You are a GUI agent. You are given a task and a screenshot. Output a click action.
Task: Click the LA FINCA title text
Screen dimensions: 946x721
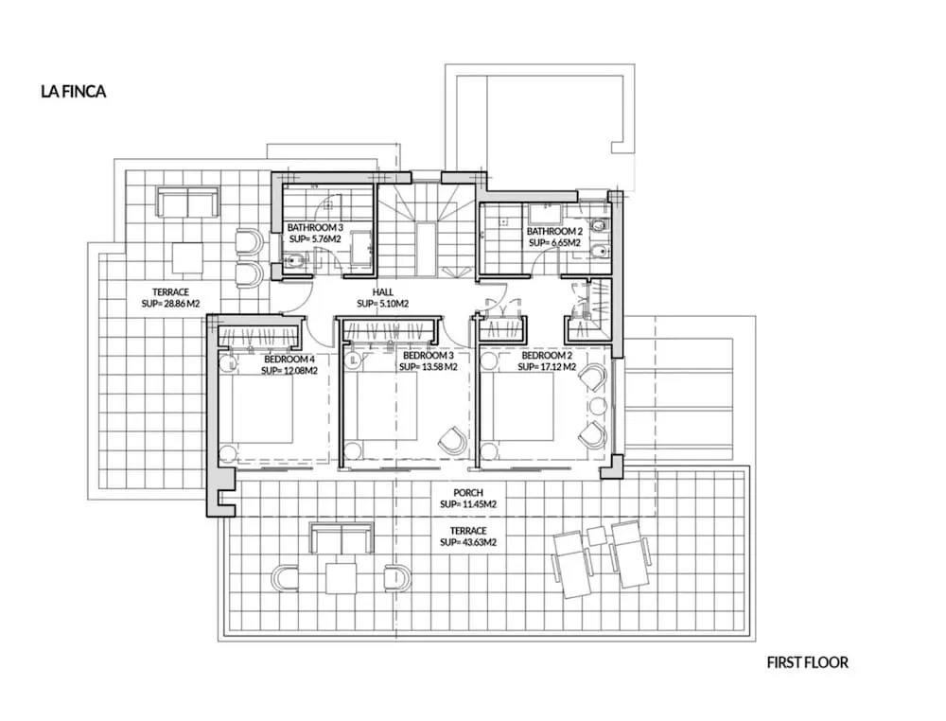[74, 91]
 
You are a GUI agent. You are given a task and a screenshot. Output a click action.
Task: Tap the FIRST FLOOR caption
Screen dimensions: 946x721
[807, 662]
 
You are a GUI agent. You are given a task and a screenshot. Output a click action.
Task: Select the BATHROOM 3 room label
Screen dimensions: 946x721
[315, 227]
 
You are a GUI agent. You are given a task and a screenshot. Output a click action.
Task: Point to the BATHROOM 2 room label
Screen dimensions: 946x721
[554, 231]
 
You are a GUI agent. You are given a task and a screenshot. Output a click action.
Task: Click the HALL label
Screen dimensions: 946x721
[382, 292]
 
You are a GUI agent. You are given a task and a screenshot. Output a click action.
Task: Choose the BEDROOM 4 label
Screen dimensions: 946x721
[289, 360]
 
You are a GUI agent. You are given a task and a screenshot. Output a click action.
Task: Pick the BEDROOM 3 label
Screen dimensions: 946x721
[428, 356]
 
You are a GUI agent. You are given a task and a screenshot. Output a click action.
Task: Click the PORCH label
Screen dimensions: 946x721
[468, 493]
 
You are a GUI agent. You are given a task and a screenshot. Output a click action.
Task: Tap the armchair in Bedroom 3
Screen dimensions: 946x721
[451, 439]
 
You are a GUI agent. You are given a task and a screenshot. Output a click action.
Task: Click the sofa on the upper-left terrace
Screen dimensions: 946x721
[187, 202]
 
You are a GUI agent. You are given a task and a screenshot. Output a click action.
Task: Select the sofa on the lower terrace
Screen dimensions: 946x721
[342, 537]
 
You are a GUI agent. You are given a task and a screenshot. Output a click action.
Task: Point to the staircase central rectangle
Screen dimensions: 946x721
[428, 249]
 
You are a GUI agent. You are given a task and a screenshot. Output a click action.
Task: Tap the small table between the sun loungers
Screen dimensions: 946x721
[596, 536]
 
